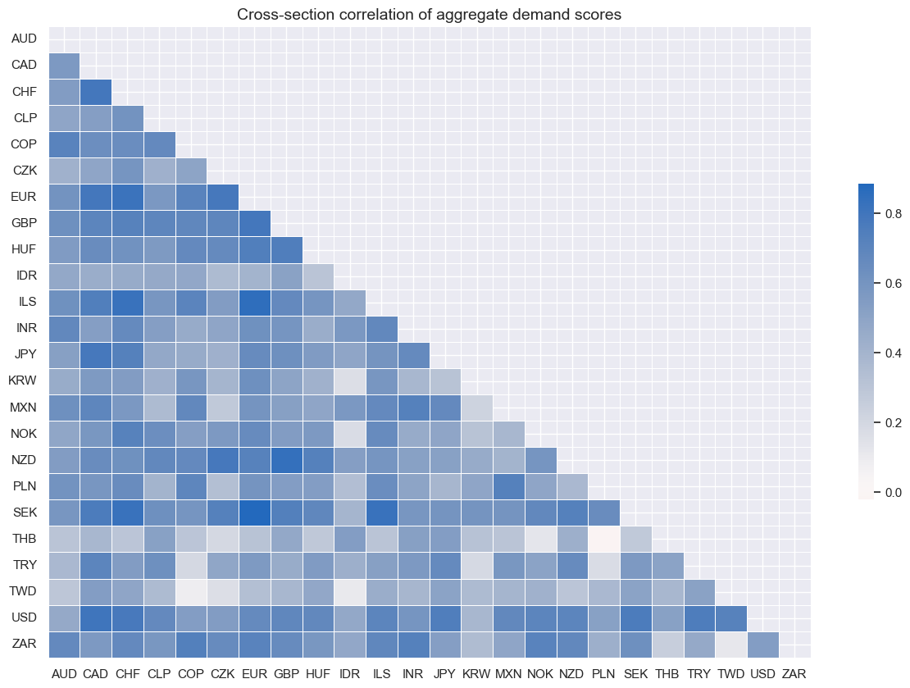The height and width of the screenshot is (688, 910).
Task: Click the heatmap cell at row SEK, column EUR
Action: (255, 513)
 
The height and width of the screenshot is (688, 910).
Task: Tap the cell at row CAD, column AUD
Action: (64, 64)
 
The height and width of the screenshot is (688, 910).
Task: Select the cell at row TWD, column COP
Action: (191, 591)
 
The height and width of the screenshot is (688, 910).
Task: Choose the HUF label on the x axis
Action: (318, 675)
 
